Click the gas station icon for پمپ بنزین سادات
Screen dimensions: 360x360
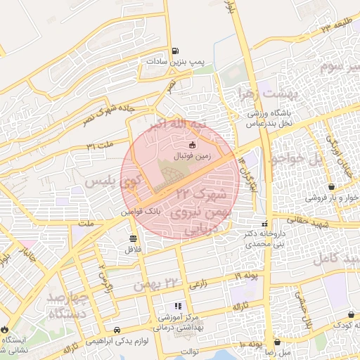(174, 51)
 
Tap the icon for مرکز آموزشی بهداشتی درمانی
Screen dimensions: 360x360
(178, 306)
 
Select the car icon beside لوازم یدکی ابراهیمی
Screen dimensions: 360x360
(117, 329)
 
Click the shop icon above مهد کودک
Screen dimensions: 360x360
(351, 314)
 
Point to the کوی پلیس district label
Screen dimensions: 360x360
(112, 181)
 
